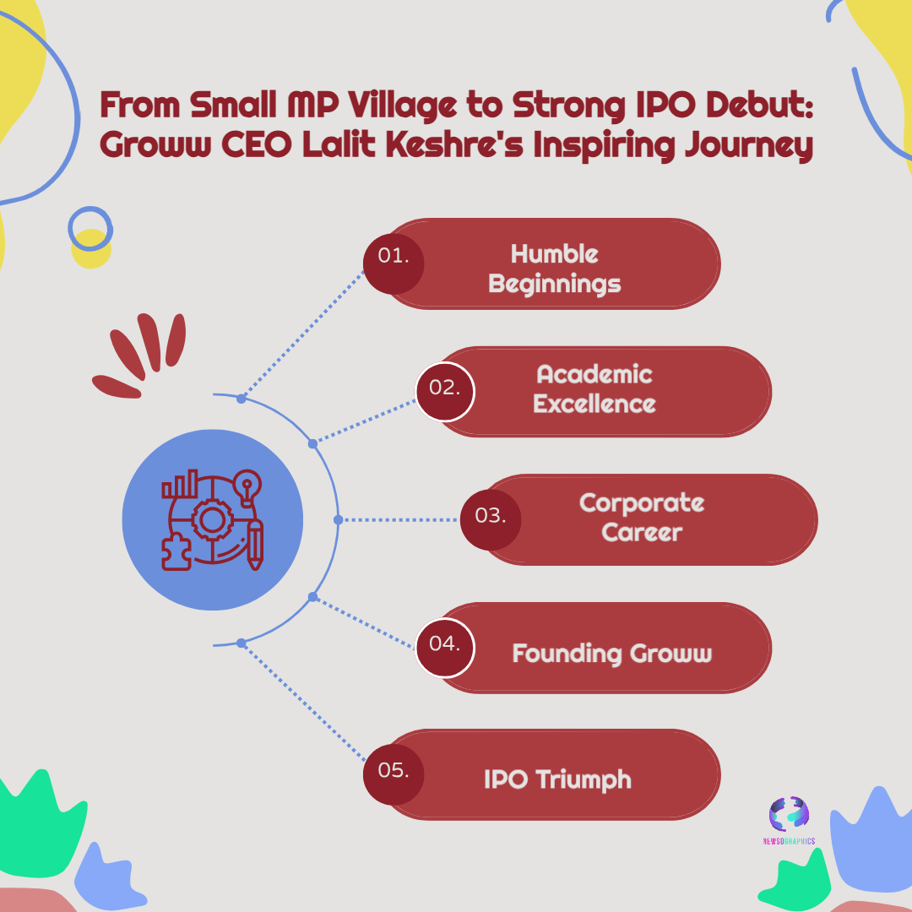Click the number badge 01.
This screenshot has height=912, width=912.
(x=394, y=263)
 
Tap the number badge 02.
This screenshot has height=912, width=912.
(x=445, y=392)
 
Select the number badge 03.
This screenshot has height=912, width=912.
(x=491, y=519)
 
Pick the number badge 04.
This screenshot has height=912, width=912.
(x=445, y=648)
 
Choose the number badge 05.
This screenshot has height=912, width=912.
(x=394, y=774)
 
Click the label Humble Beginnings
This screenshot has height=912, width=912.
(x=554, y=269)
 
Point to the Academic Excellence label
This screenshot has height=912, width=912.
(x=594, y=388)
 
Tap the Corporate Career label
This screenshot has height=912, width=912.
(x=642, y=517)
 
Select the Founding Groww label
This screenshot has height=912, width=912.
(x=612, y=653)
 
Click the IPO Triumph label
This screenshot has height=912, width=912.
(x=557, y=779)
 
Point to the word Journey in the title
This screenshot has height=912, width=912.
(x=748, y=145)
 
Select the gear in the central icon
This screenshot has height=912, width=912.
(x=212, y=519)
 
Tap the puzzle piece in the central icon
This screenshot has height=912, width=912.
(x=176, y=551)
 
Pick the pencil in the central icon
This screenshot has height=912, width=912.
(x=255, y=545)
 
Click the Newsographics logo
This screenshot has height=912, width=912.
(x=789, y=820)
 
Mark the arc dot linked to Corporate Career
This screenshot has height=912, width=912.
(x=338, y=519)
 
